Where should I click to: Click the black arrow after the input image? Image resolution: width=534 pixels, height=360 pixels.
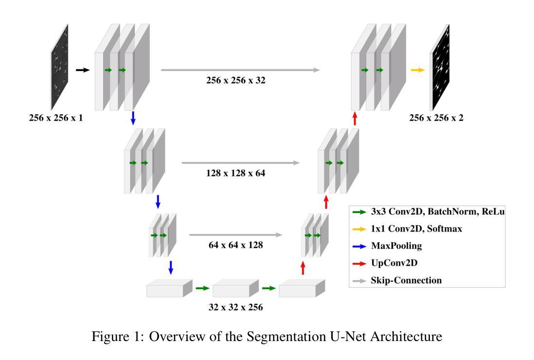pyautogui.click(x=83, y=70)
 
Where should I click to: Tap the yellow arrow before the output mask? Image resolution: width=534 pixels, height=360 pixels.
pyautogui.click(x=417, y=70)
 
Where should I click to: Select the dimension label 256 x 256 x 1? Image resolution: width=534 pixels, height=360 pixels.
pyautogui.click(x=55, y=117)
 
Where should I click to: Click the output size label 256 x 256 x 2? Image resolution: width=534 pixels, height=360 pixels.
pyautogui.click(x=436, y=117)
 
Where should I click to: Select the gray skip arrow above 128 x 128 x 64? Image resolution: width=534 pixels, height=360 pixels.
pyautogui.click(x=241, y=163)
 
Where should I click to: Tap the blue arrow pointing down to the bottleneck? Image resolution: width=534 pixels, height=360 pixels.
pyautogui.click(x=171, y=267)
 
